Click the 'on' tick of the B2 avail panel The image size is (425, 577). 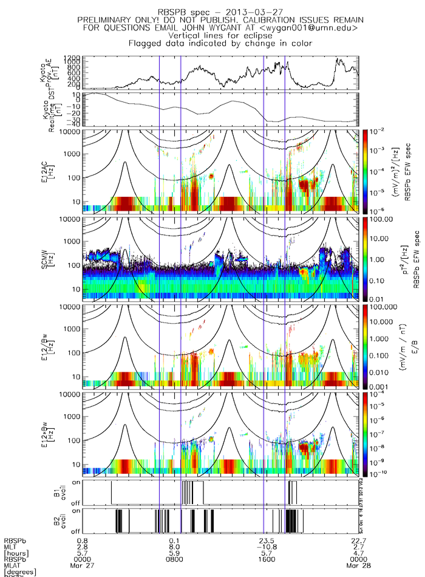tap(76, 511)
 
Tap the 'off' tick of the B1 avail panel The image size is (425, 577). tap(76, 504)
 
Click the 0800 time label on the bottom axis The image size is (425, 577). tap(176, 560)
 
